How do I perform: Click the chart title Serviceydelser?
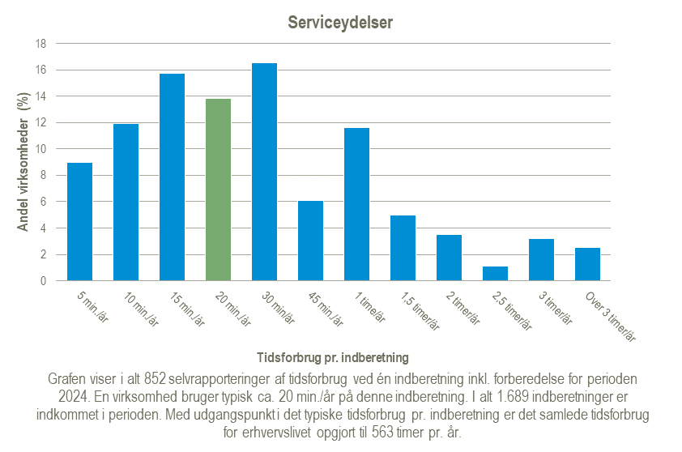pos(340,23)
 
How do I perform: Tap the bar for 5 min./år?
pos(79,222)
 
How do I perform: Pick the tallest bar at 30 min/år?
pos(264,172)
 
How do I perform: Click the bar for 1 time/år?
pos(356,204)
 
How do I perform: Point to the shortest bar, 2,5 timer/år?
pos(495,273)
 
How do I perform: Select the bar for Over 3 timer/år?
pos(587,264)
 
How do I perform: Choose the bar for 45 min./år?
pos(310,241)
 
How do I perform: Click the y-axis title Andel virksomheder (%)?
pos(23,162)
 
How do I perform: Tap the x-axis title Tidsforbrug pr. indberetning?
pos(332,356)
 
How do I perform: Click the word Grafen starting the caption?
pos(68,378)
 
